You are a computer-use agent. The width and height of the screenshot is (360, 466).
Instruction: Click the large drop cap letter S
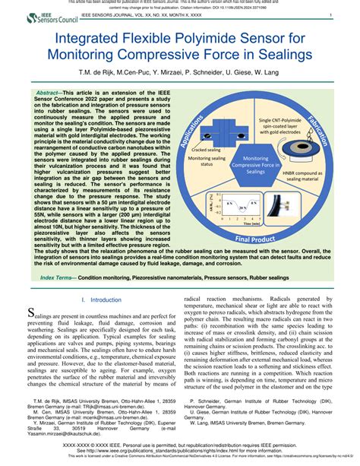click(31, 312)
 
